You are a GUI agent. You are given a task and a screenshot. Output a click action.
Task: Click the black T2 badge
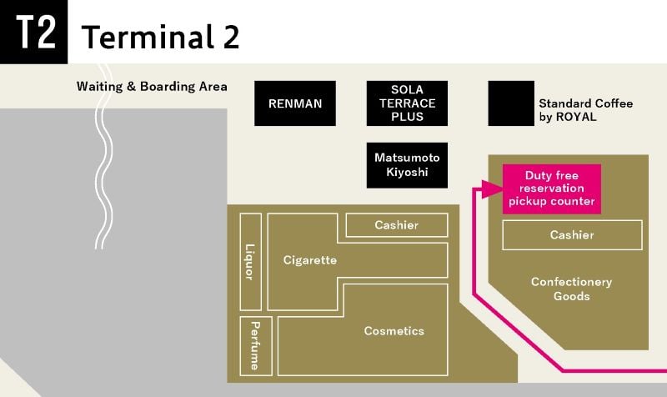click(33, 32)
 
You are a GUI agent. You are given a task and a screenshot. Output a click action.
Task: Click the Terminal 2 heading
click(160, 37)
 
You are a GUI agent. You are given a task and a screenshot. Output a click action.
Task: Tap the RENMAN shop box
click(295, 103)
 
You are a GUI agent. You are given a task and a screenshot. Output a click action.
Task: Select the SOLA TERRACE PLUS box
click(407, 103)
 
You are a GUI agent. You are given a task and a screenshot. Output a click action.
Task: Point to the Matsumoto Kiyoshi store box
click(407, 165)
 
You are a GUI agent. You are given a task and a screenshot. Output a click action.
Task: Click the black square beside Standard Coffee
click(511, 103)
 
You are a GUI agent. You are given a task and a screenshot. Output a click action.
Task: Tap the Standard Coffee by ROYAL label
click(586, 110)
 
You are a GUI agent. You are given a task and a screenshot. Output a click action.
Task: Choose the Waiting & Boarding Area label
click(152, 87)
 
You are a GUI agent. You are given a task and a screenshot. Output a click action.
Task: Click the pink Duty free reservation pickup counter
click(552, 188)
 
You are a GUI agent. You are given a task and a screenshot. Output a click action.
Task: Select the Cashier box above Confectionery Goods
click(572, 235)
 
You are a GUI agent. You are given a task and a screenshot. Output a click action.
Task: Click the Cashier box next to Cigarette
click(397, 224)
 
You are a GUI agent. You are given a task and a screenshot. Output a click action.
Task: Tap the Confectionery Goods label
click(571, 289)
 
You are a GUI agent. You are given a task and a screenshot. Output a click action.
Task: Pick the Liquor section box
click(251, 262)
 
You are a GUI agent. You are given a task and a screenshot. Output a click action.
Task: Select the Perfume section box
click(256, 346)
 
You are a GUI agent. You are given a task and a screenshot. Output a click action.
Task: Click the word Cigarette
click(310, 260)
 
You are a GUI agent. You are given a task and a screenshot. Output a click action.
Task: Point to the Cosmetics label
click(394, 330)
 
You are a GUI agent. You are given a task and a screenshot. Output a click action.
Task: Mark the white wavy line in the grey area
click(103, 157)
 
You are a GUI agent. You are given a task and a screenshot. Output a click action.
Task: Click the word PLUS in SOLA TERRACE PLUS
click(407, 117)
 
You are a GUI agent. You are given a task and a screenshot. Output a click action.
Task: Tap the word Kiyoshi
click(407, 173)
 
